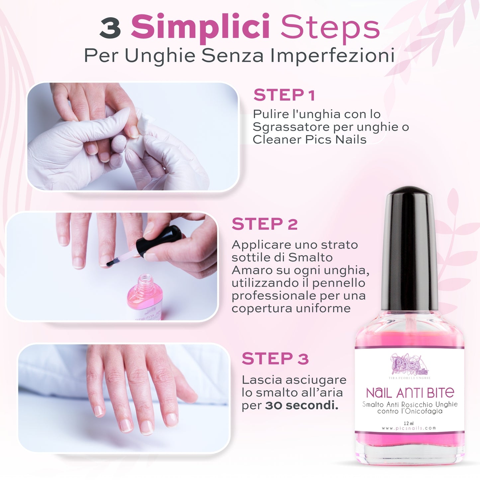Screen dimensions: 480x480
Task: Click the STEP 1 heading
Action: (x=284, y=95)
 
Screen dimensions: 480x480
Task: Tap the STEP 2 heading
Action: (x=265, y=224)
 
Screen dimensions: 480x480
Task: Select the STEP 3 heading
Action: (x=275, y=358)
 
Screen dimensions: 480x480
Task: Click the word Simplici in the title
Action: (x=200, y=28)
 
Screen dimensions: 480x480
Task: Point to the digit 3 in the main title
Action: (x=110, y=29)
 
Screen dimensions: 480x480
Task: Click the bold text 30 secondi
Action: (x=302, y=406)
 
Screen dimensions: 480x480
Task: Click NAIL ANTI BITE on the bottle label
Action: (x=410, y=393)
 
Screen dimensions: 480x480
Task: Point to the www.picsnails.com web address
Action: (x=409, y=428)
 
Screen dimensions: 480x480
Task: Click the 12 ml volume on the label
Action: (x=409, y=423)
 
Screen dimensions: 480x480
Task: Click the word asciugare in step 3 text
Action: (x=316, y=380)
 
